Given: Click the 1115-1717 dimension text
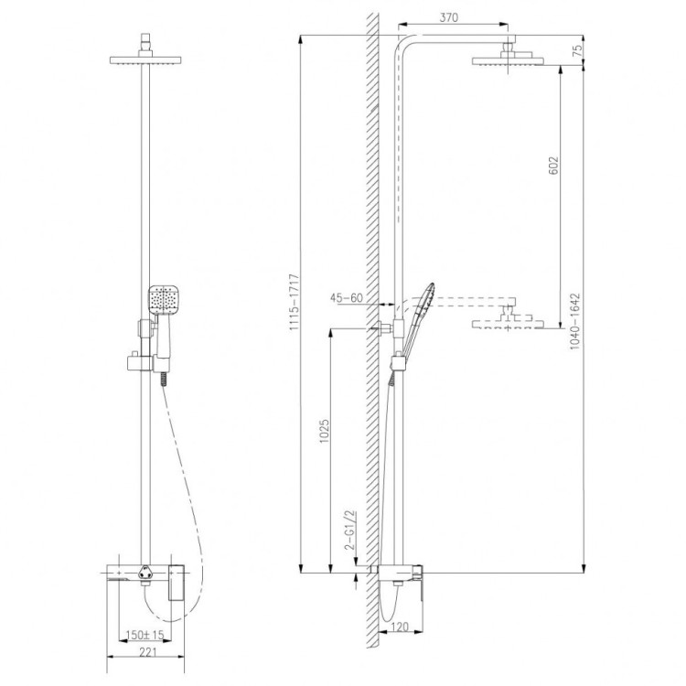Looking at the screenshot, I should click(x=292, y=304).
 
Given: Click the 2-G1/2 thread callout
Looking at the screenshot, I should click(x=348, y=530).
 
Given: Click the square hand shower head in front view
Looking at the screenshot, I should click(x=163, y=301).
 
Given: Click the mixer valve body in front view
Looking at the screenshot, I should click(x=146, y=578).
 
